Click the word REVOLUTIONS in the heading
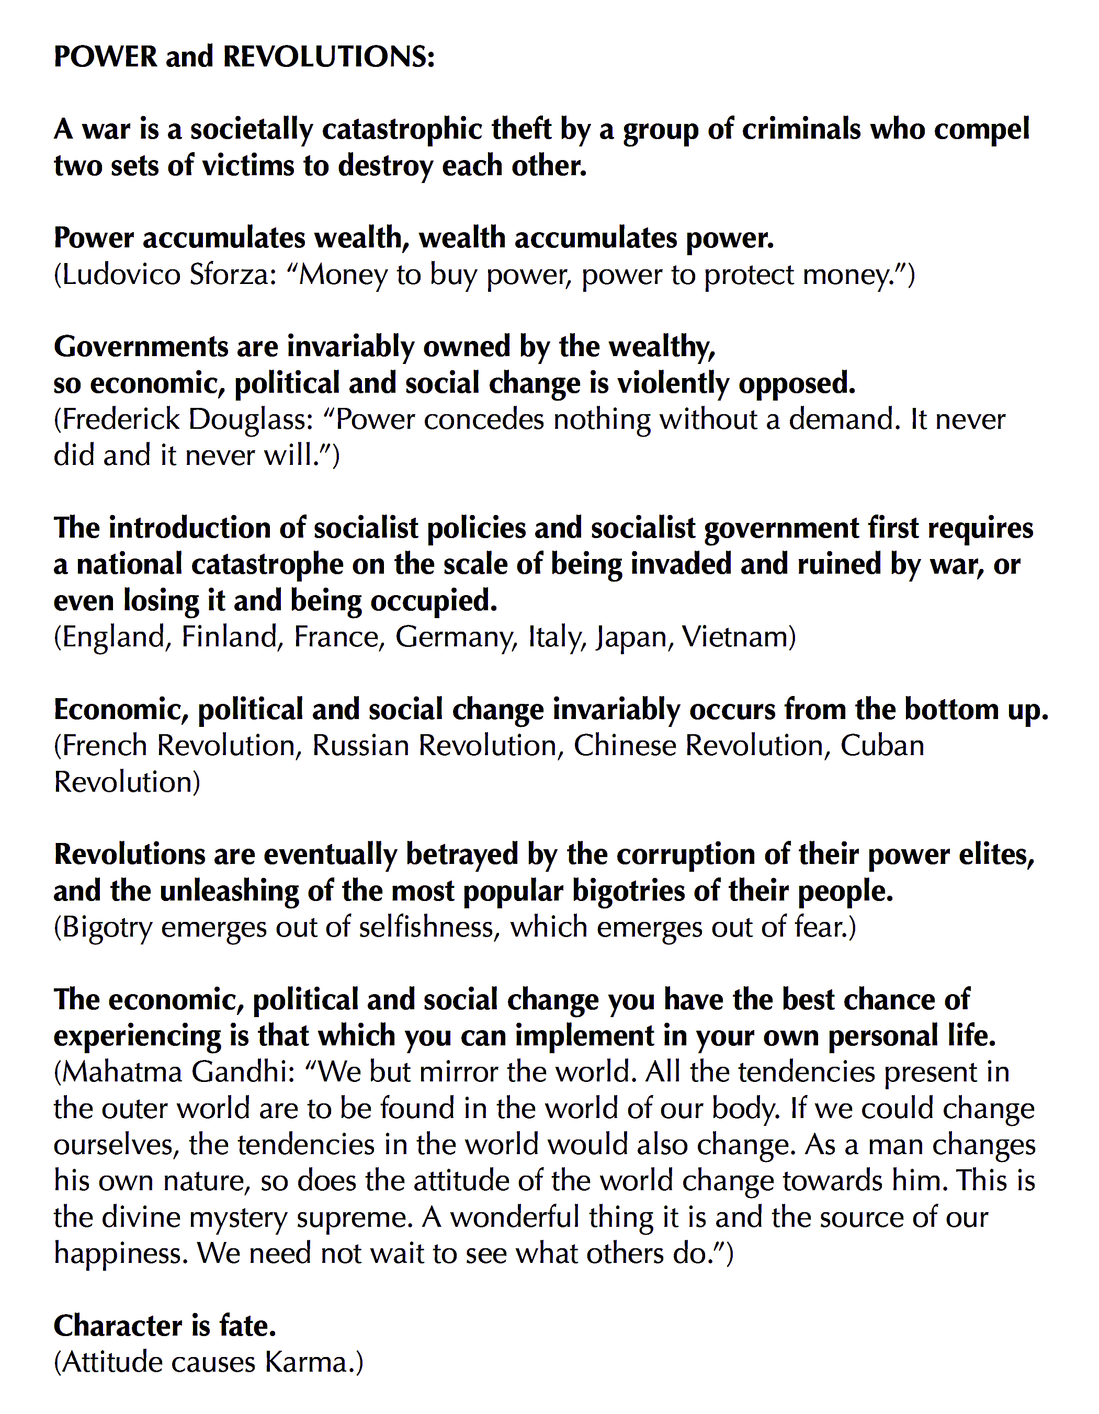(x=329, y=57)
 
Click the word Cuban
(x=882, y=746)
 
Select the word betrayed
(x=462, y=854)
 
